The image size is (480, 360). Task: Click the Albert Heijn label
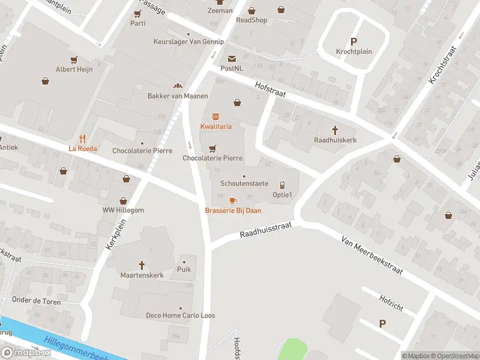click(74, 70)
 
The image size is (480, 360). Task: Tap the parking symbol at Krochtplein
click(353, 41)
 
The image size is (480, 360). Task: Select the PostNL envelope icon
click(232, 58)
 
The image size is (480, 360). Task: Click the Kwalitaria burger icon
click(215, 116)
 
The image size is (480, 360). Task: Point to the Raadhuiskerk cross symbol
click(335, 129)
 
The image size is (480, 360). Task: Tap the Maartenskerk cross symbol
click(142, 265)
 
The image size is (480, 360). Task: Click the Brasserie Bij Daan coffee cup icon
click(233, 200)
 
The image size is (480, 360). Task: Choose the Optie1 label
click(282, 194)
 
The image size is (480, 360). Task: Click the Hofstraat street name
click(269, 89)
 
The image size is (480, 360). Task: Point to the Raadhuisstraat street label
click(265, 229)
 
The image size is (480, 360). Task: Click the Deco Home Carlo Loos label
click(181, 316)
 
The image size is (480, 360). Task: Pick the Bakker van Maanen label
click(178, 96)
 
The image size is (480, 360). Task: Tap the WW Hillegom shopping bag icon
click(124, 201)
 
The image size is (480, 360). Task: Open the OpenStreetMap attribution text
click(454, 356)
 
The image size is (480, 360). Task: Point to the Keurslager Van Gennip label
click(188, 42)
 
